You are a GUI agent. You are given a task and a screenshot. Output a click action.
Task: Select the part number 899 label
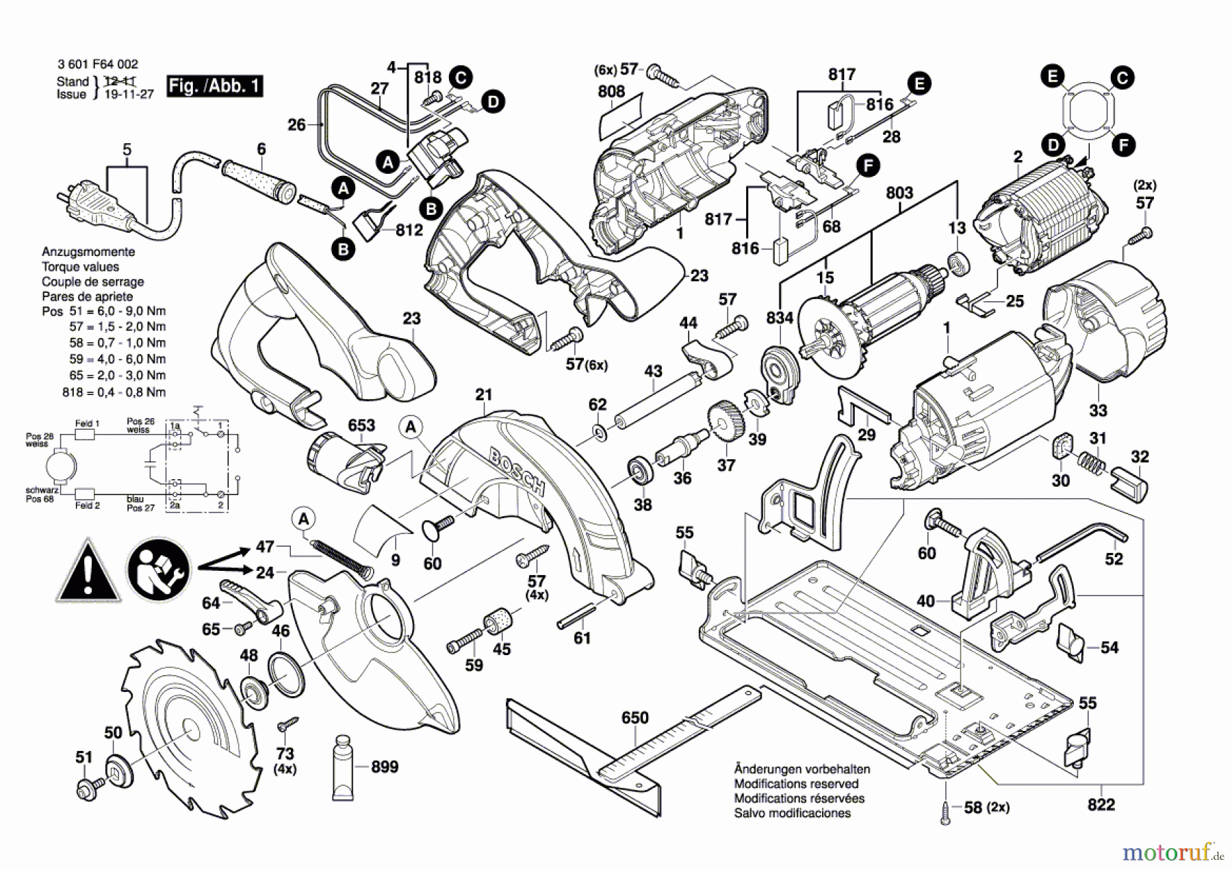pos(384,767)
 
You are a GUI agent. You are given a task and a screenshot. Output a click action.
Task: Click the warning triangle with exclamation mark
pos(88,572)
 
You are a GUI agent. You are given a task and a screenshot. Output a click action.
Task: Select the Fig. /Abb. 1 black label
pos(214,86)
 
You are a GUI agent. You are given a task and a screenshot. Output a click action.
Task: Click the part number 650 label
pos(634,717)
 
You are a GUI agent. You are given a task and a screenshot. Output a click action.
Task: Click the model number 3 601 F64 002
pos(98,64)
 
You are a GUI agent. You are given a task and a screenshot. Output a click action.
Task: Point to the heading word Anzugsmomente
pos(88,252)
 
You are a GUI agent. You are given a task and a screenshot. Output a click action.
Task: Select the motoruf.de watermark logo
pos(1172,852)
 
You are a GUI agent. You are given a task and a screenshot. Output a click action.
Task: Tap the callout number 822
pos(1101,805)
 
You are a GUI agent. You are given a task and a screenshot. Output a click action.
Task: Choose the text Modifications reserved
pos(796,784)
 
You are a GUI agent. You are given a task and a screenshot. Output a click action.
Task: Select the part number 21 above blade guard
pos(484,395)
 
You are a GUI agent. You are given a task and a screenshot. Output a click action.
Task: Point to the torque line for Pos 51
pos(103,311)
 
